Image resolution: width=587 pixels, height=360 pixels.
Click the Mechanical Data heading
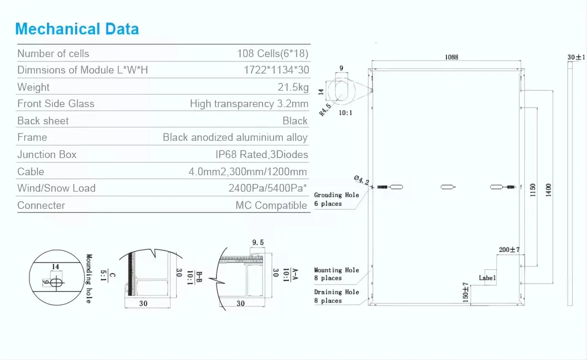pyautogui.click(x=77, y=29)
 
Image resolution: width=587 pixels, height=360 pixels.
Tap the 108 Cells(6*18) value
pyautogui.click(x=272, y=54)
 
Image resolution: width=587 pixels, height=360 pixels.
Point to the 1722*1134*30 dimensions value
pyautogui.click(x=276, y=70)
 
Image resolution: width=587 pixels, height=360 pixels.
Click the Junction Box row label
pyautogui.click(x=47, y=155)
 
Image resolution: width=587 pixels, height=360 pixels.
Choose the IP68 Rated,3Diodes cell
pyautogui.click(x=261, y=155)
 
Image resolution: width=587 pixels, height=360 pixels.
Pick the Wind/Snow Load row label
pyautogui.click(x=56, y=188)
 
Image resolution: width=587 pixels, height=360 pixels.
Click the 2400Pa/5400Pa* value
pyautogui.click(x=268, y=188)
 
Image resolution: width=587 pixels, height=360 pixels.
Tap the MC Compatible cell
pyautogui.click(x=271, y=205)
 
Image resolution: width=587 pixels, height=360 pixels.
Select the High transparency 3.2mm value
pyautogui.click(x=249, y=104)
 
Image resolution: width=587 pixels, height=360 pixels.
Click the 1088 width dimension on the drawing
pyautogui.click(x=451, y=57)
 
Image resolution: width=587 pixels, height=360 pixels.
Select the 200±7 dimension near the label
pyautogui.click(x=509, y=250)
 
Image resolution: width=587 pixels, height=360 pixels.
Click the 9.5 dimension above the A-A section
pyautogui.click(x=258, y=242)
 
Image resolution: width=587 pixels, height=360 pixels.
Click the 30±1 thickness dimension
pyautogui.click(x=576, y=57)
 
